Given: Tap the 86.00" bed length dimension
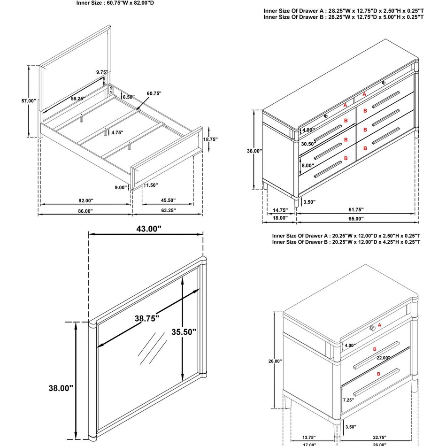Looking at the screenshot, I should (85, 211).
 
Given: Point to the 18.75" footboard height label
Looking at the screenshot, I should (209, 139).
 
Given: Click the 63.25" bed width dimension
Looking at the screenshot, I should (167, 211).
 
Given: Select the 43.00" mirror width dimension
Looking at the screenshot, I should (146, 229).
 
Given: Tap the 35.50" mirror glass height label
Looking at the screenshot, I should (184, 331).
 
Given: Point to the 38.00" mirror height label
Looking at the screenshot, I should (61, 388).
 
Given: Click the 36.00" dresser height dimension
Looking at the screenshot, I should (254, 151).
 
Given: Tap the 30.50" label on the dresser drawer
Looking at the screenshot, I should (308, 144).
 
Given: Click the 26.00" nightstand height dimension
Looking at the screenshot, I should (275, 361).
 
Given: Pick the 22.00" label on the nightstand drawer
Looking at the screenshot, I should (383, 358).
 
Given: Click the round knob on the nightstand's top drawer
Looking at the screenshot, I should (372, 327).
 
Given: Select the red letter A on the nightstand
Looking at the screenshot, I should (379, 324).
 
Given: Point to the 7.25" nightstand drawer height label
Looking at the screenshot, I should (348, 400).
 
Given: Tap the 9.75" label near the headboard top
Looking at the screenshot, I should (102, 72).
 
